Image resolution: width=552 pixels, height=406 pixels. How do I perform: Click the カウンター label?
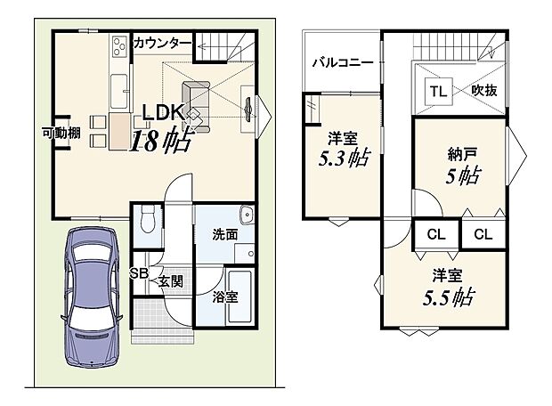[163, 42]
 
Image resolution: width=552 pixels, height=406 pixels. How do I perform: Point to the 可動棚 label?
[61, 134]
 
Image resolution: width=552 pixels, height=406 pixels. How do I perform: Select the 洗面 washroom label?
[224, 236]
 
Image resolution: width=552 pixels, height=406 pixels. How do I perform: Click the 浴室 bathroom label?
[225, 296]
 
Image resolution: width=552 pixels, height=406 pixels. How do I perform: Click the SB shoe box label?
[140, 273]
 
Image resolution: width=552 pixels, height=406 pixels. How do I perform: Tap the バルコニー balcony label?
[342, 63]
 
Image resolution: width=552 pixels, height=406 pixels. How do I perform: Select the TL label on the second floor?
[438, 90]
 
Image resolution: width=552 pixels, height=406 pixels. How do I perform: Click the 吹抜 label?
[485, 90]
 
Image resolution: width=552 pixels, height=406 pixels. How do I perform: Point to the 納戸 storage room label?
[462, 152]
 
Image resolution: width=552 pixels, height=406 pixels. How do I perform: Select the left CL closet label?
[435, 235]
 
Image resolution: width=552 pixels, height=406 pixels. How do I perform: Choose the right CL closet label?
[483, 235]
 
